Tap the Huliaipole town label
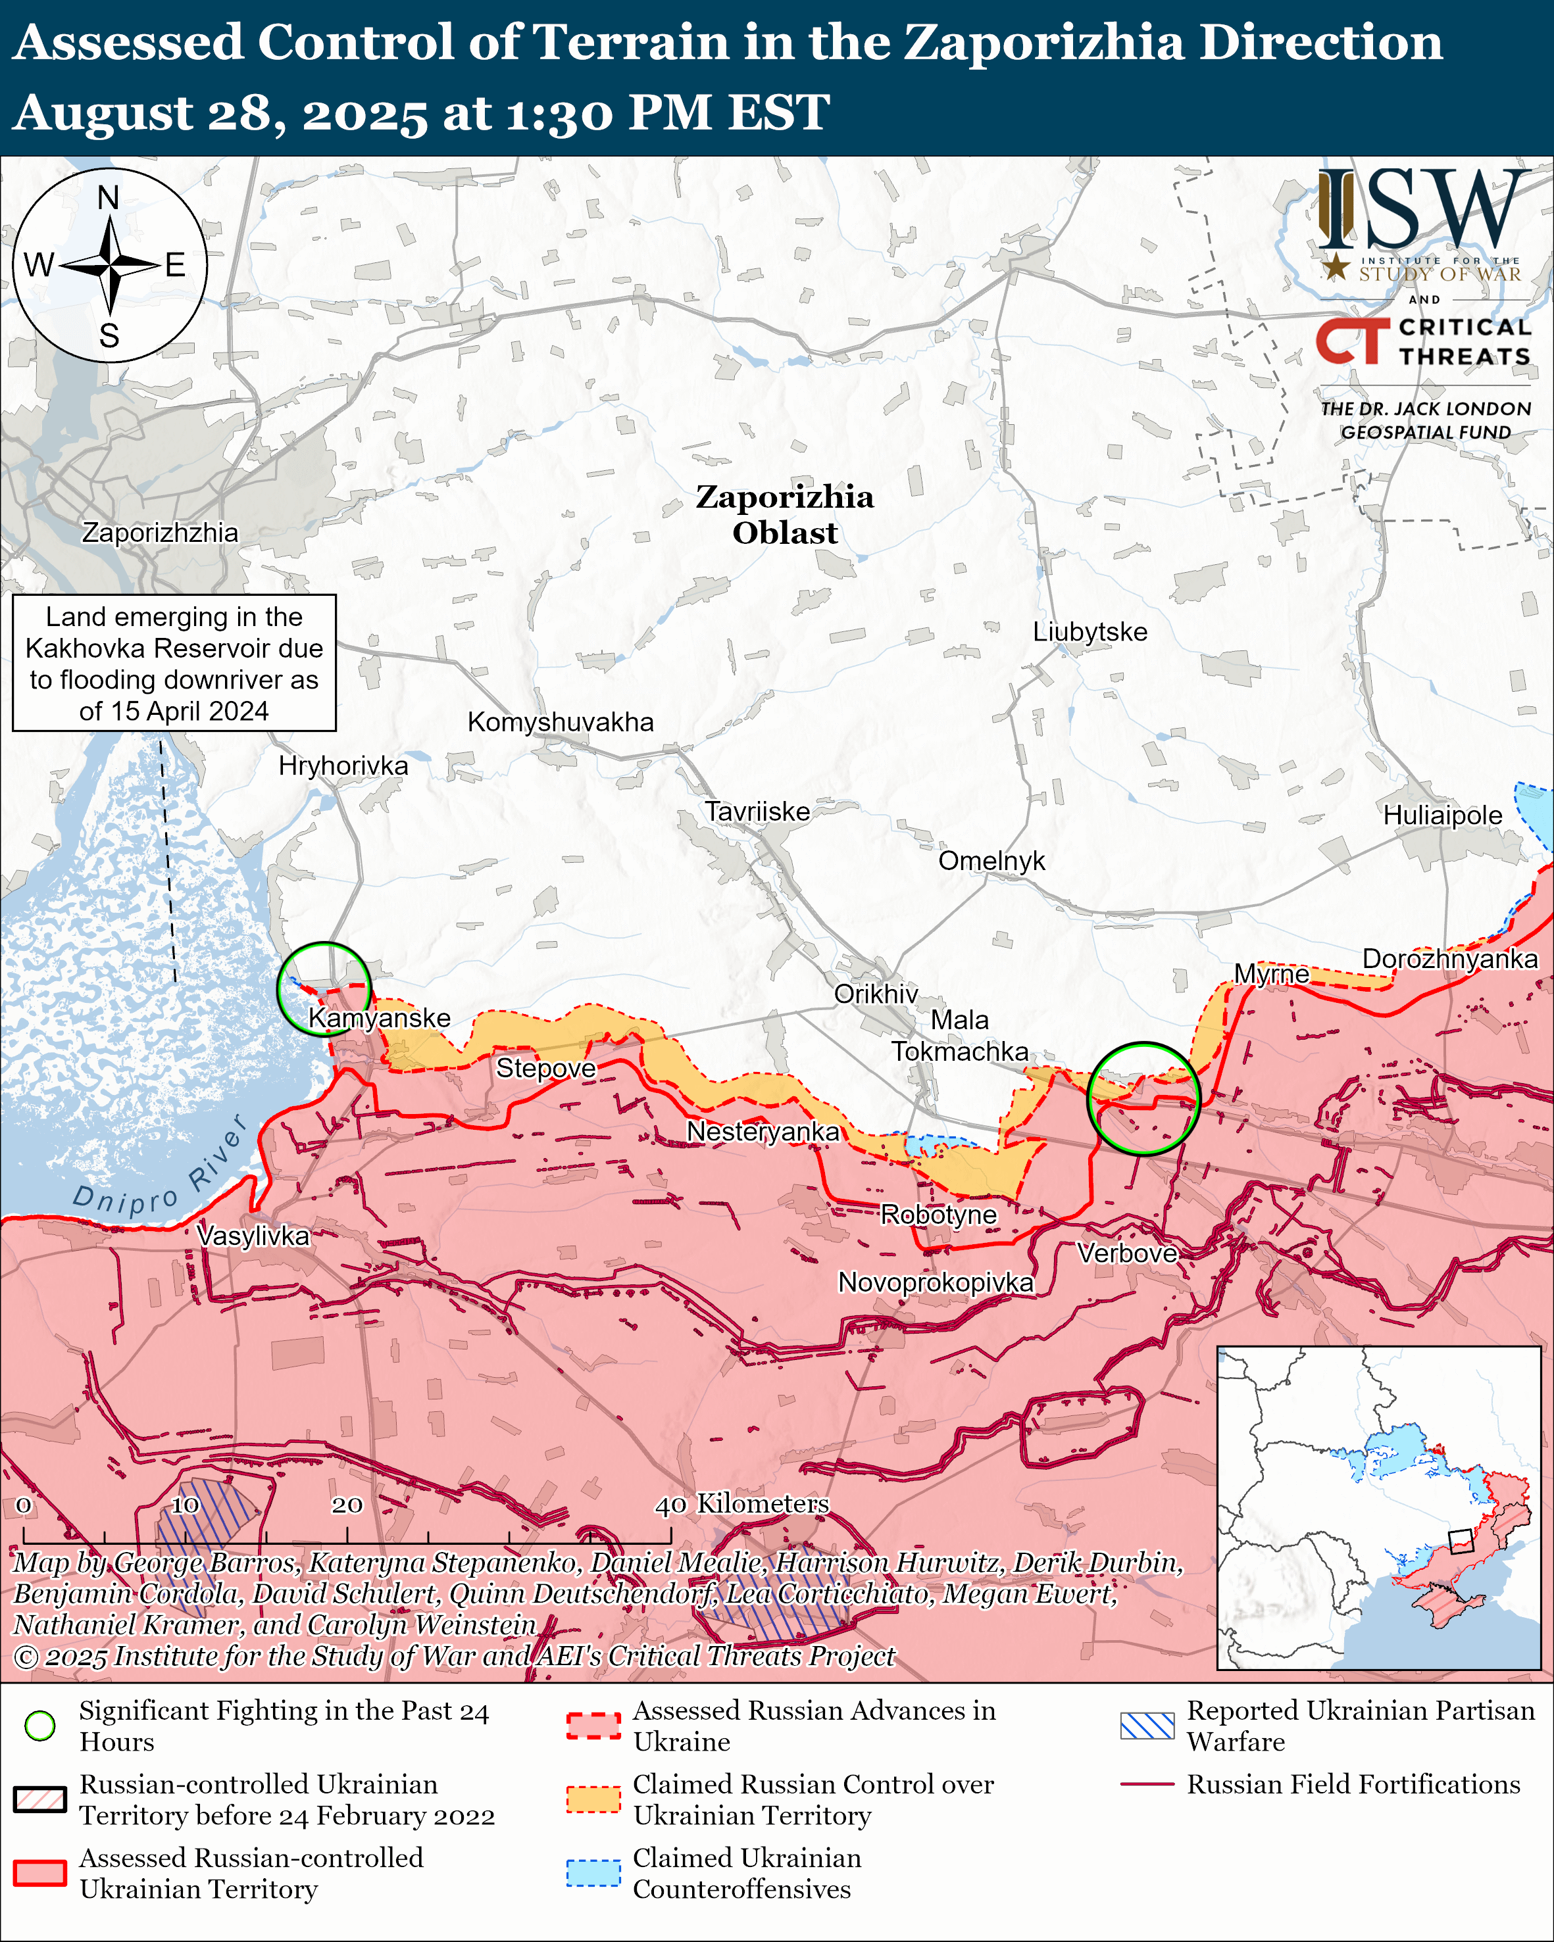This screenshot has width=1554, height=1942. (x=1442, y=815)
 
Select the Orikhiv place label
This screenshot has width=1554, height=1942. (x=876, y=994)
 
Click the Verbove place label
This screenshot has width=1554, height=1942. (x=1127, y=1253)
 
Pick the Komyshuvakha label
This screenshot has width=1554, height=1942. (x=561, y=721)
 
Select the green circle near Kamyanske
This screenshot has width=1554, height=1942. (x=324, y=988)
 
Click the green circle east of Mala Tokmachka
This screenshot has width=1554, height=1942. (x=1143, y=1098)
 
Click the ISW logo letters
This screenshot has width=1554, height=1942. (x=1423, y=212)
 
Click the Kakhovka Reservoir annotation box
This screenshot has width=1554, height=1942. (x=174, y=663)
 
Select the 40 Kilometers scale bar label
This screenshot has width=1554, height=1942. (x=741, y=1503)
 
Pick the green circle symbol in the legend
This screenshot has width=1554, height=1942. (x=39, y=1726)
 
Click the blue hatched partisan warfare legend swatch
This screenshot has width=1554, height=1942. (x=1147, y=1726)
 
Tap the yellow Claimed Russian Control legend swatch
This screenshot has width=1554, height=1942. (x=593, y=1799)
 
